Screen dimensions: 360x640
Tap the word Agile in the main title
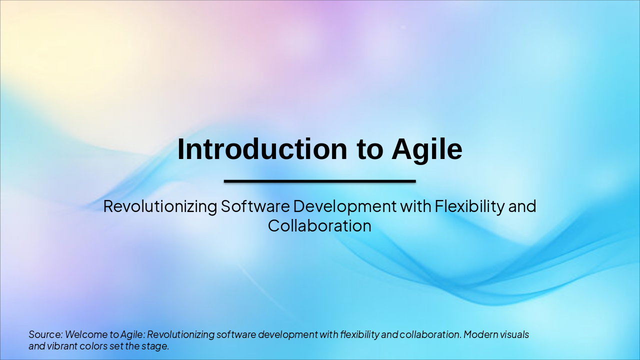(427, 149)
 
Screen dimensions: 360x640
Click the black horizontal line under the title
(319, 181)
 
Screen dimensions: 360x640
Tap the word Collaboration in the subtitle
(319, 226)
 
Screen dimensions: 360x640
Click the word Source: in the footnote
(45, 334)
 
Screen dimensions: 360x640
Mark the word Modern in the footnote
(479, 334)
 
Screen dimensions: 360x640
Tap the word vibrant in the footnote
(60, 345)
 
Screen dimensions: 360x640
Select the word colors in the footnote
(93, 345)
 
